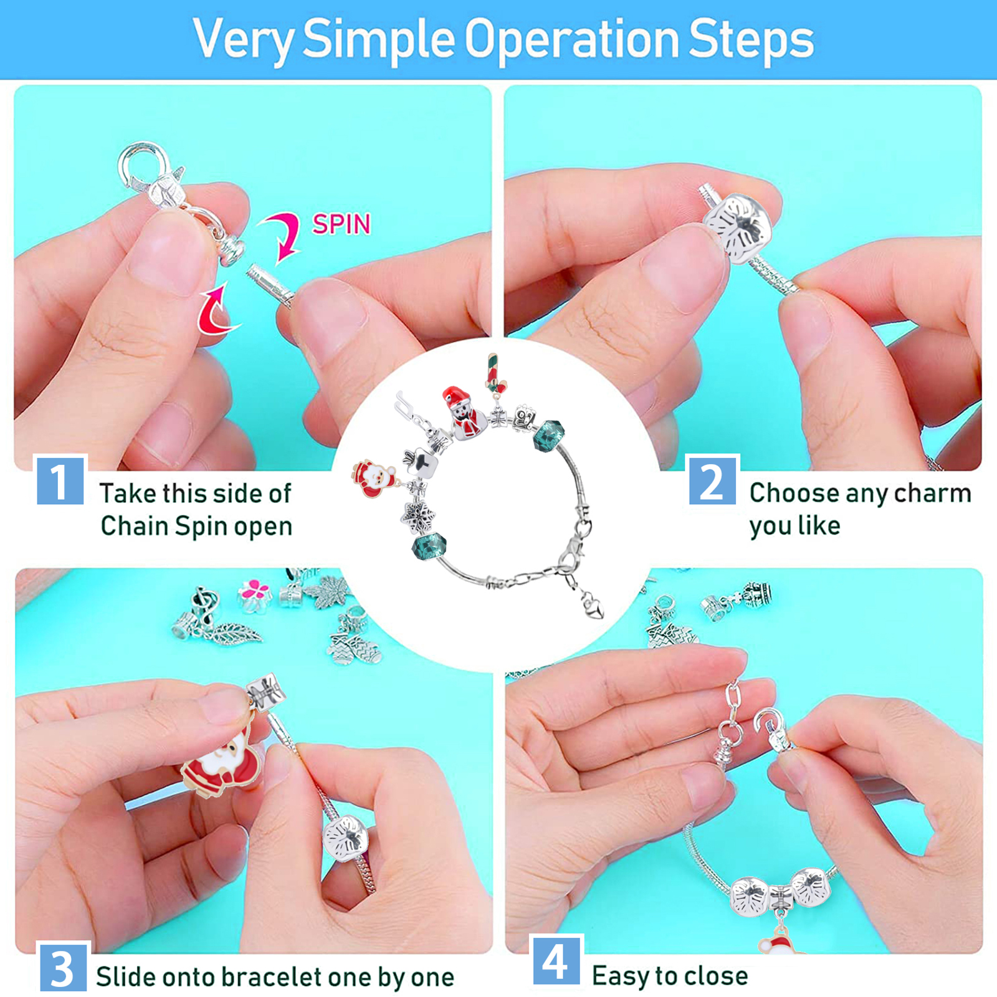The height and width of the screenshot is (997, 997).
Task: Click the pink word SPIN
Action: (x=341, y=224)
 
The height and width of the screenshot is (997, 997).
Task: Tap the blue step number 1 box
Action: (x=60, y=480)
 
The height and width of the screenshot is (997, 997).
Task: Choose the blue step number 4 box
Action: (x=556, y=960)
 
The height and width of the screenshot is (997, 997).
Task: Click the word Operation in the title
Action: (x=571, y=40)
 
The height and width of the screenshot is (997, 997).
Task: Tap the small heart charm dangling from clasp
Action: (x=593, y=604)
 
